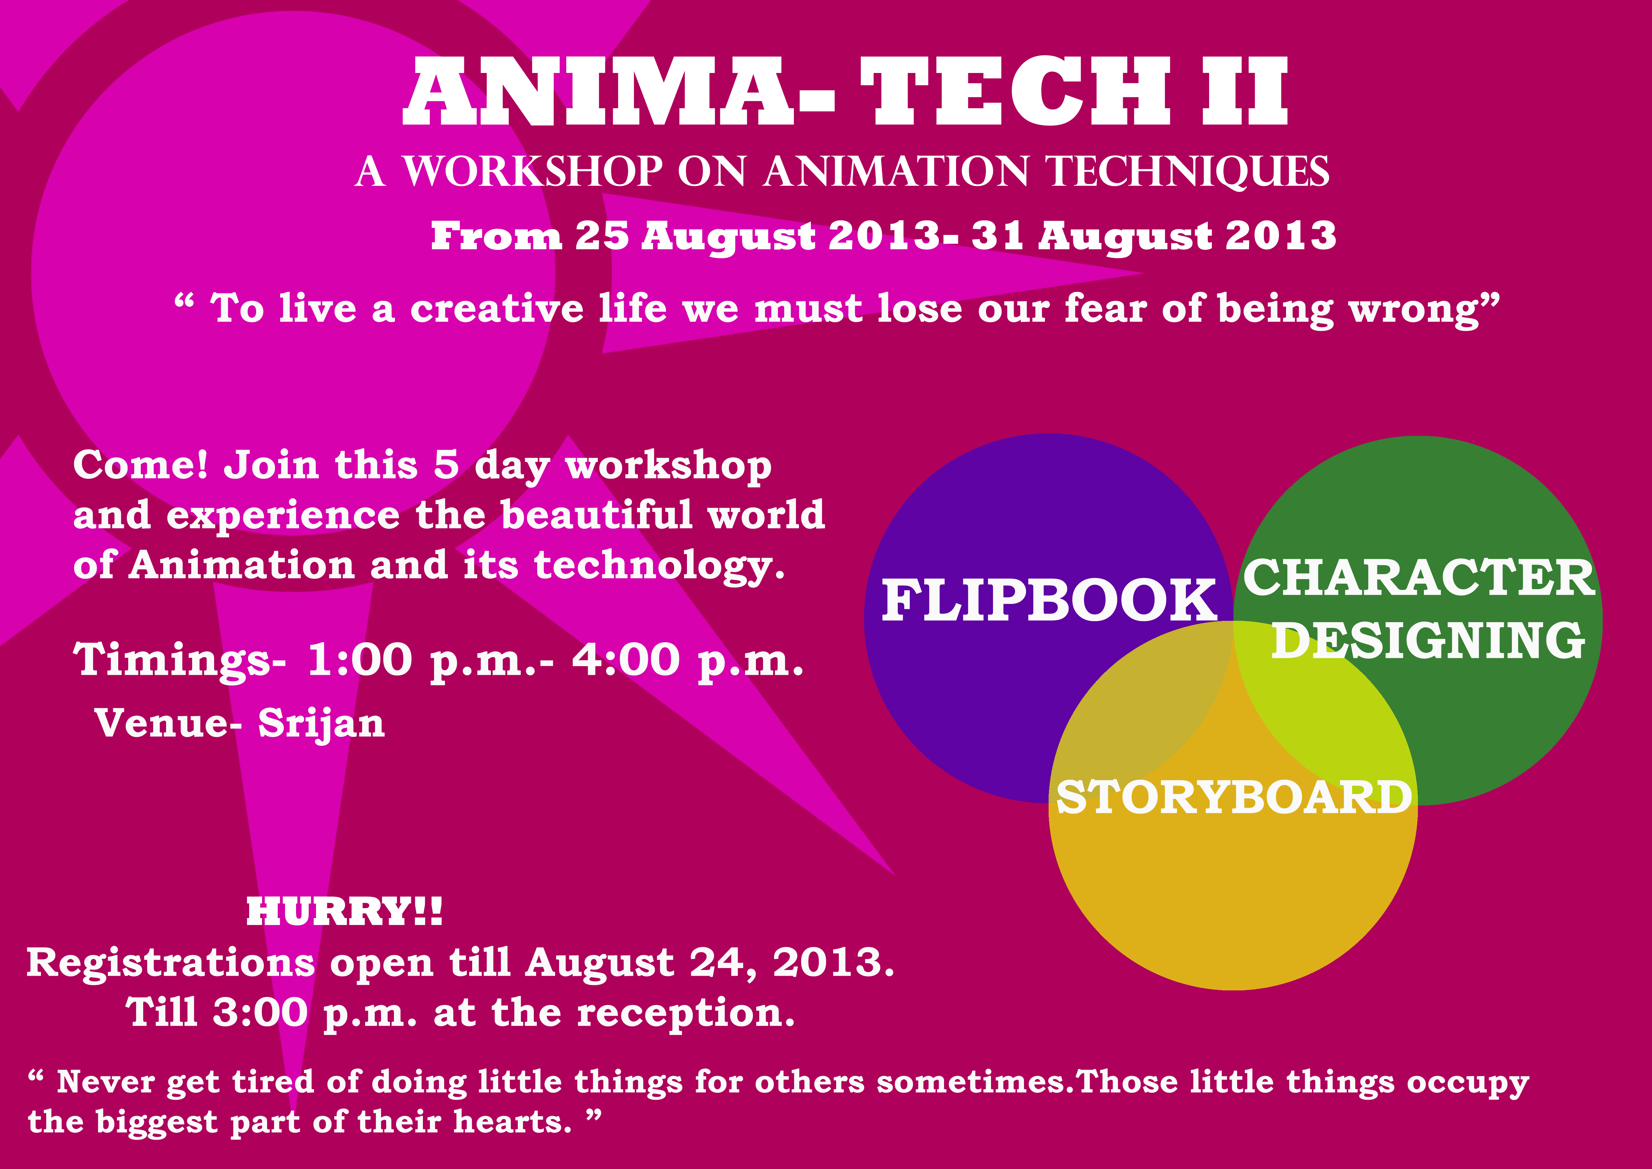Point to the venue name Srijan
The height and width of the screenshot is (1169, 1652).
click(x=322, y=724)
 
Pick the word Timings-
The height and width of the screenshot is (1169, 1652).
click(x=180, y=660)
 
